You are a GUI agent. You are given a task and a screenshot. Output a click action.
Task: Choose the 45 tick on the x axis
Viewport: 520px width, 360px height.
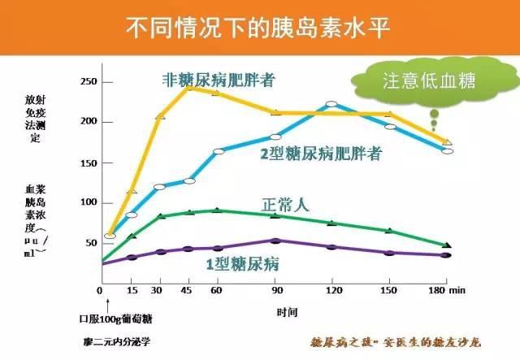pyautogui.click(x=188, y=291)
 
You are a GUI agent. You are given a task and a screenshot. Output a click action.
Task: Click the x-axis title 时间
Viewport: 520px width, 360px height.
pyautogui.click(x=287, y=311)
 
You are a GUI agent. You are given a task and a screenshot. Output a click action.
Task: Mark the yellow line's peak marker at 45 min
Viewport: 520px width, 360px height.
pyautogui.click(x=188, y=86)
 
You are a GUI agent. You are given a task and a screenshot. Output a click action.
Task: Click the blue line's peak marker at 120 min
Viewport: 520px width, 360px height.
pyautogui.click(x=331, y=105)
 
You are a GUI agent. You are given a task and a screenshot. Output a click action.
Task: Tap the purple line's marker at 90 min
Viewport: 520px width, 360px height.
pyautogui.click(x=275, y=241)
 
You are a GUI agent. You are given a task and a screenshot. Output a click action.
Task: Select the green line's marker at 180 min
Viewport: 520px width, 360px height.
pyautogui.click(x=448, y=245)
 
